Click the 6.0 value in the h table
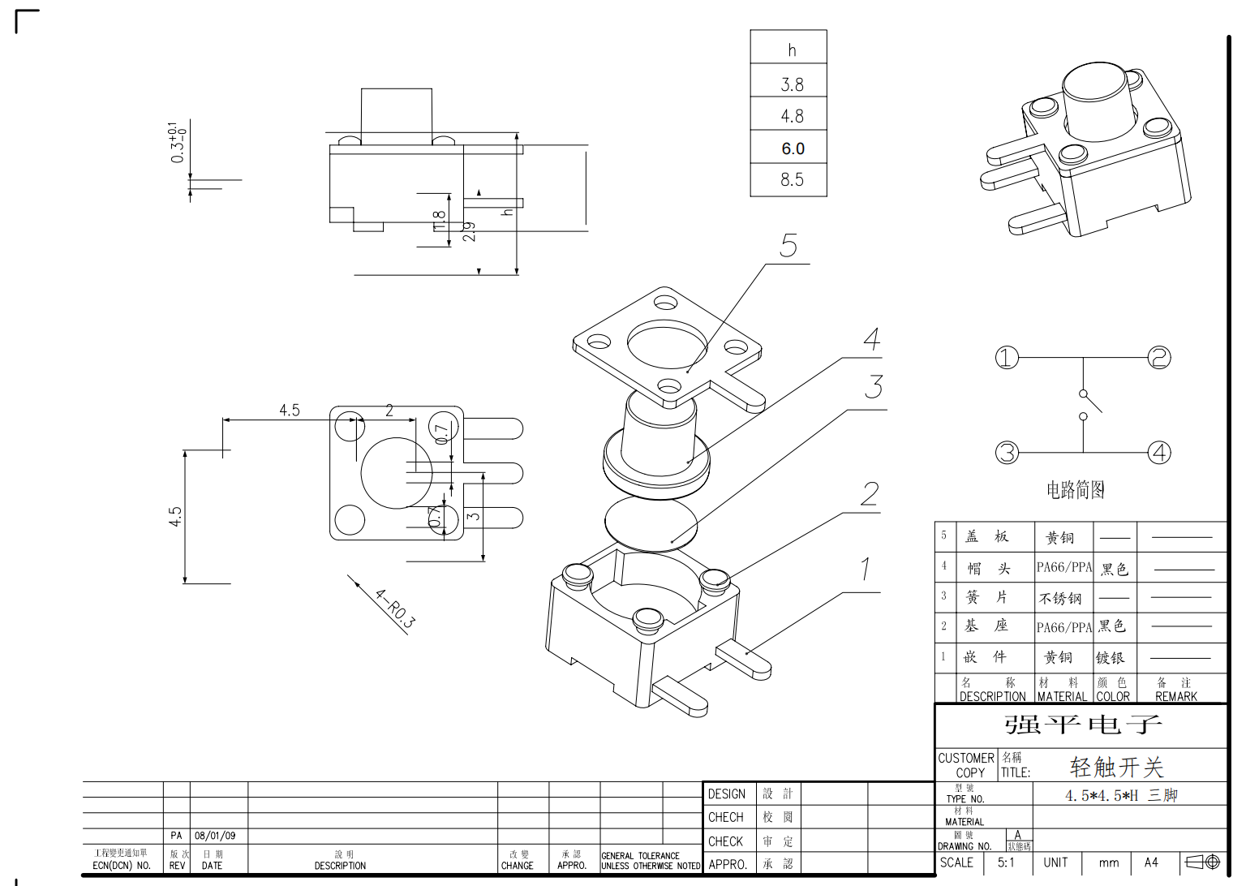(793, 148)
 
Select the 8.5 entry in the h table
(792, 179)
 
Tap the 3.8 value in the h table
(792, 84)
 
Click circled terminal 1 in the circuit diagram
(1007, 357)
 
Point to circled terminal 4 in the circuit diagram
(1159, 452)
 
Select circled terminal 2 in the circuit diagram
(1159, 357)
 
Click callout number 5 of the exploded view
(788, 246)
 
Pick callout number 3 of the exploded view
(874, 387)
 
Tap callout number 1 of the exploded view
(866, 569)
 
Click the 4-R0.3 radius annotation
(395, 609)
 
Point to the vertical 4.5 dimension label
(175, 517)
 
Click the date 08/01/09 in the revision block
(215, 836)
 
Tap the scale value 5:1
(1006, 862)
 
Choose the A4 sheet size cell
(1151, 862)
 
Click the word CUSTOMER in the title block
(965, 758)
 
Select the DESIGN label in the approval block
(726, 794)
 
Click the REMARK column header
(1175, 696)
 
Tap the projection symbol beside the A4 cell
(1203, 862)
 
